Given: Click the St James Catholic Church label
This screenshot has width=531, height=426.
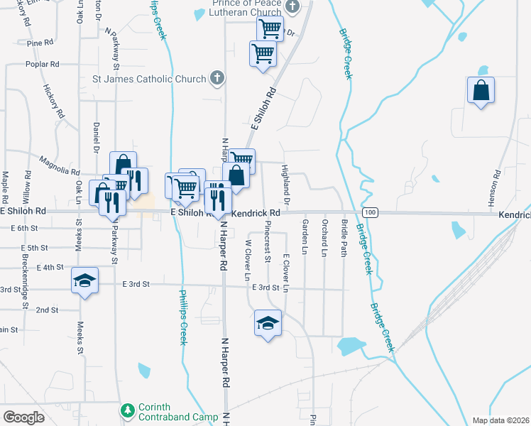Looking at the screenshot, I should (x=150, y=78).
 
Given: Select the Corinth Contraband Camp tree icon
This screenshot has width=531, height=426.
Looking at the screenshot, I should (x=127, y=411).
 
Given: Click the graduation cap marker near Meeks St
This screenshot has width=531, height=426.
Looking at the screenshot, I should (x=84, y=282).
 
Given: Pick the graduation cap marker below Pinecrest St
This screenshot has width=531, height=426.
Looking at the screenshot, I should (x=268, y=323).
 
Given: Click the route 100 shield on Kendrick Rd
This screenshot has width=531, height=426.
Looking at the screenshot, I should (x=369, y=212).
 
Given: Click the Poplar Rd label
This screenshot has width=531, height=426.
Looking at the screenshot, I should (x=42, y=64).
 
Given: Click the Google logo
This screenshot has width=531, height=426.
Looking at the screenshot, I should (x=24, y=417).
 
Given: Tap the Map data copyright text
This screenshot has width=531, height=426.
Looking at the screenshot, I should (x=500, y=420).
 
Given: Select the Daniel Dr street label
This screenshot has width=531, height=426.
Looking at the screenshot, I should (x=96, y=137).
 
